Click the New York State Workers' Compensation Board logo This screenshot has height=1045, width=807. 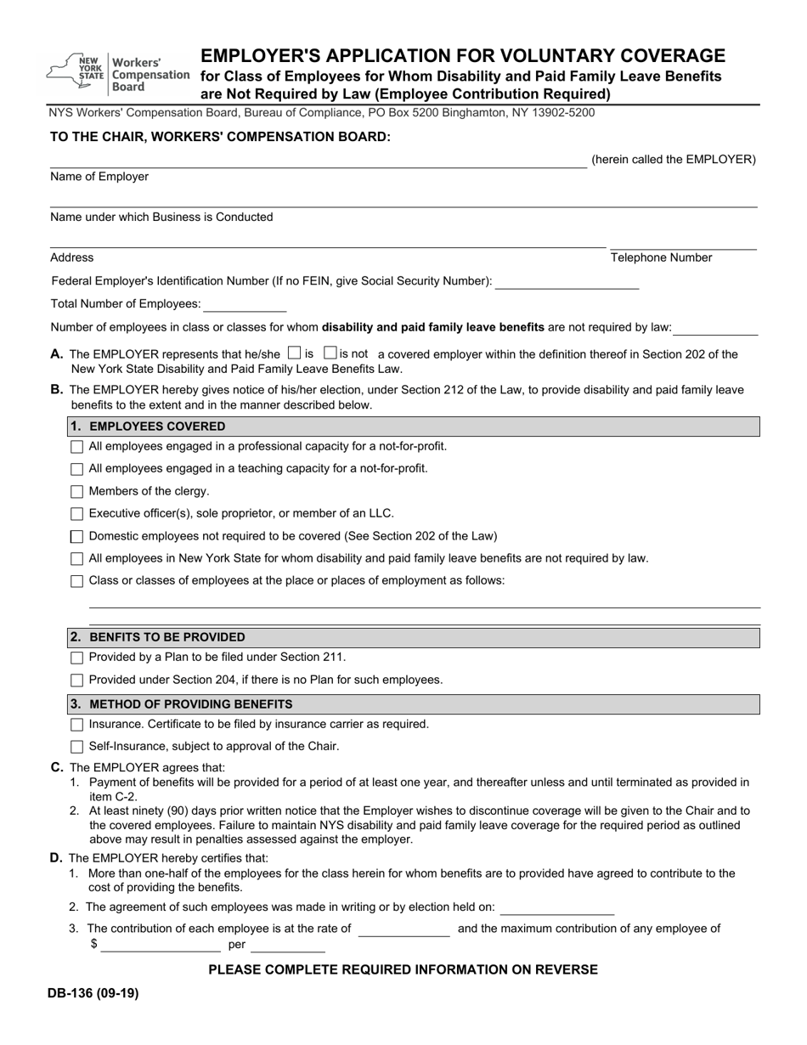coord(119,74)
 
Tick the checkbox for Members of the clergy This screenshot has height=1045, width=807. coord(77,492)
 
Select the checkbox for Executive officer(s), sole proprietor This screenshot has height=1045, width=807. coord(77,514)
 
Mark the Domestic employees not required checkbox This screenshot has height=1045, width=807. coord(77,537)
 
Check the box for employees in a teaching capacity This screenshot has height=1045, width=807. coord(77,469)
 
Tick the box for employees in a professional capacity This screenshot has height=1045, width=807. coord(77,447)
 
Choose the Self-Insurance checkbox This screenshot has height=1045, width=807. coord(77,747)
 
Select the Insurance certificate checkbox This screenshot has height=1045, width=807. coord(77,725)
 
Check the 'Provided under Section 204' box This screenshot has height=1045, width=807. coord(77,681)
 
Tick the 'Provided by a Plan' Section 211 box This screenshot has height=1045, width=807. coord(77,658)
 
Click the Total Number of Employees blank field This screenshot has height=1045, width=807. coord(245,304)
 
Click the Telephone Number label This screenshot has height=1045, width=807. coord(661,258)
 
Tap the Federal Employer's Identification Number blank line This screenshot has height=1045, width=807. coord(567,282)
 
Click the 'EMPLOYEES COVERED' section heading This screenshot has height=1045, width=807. coord(157,426)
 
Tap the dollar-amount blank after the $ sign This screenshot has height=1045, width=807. coord(161,945)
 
